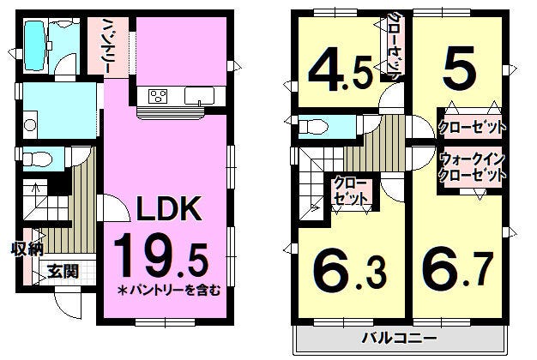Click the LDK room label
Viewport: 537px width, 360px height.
coord(169,208)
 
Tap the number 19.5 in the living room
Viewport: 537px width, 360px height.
coord(161,255)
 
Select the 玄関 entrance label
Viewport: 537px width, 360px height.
coord(63,272)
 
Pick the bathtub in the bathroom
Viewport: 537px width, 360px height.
coord(35,45)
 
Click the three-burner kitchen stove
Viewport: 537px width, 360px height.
coord(158,96)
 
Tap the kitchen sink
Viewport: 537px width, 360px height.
coord(199,96)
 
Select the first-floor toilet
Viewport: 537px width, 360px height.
coord(37,159)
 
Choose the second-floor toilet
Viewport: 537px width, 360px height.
coord(311,127)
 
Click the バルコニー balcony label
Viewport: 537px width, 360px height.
coord(400,339)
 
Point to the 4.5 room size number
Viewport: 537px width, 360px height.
coord(340,74)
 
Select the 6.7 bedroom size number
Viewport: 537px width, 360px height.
coord(458,270)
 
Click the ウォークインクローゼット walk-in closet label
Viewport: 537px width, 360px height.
coord(472,167)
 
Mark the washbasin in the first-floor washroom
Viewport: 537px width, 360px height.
coord(30,125)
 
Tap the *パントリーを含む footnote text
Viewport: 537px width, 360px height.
coord(169,291)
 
